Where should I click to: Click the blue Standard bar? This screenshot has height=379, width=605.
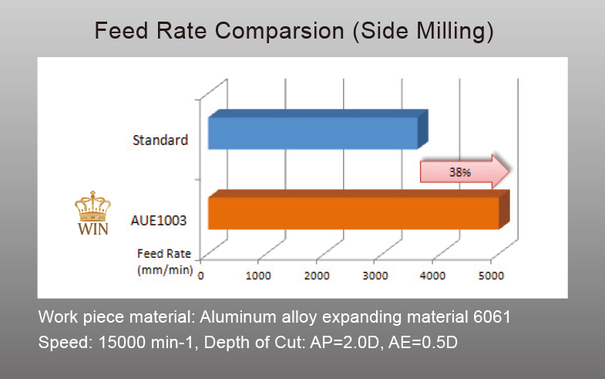313,133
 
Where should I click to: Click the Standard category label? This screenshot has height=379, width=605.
160,140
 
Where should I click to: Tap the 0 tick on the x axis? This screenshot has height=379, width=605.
201,274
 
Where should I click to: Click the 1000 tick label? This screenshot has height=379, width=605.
258,274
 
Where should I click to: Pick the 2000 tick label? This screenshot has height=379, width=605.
316,274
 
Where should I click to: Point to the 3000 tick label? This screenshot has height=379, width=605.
375,274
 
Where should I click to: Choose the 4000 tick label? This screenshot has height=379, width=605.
432,274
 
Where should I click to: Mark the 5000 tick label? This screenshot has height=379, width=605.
491,274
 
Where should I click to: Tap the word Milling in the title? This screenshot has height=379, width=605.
455,32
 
